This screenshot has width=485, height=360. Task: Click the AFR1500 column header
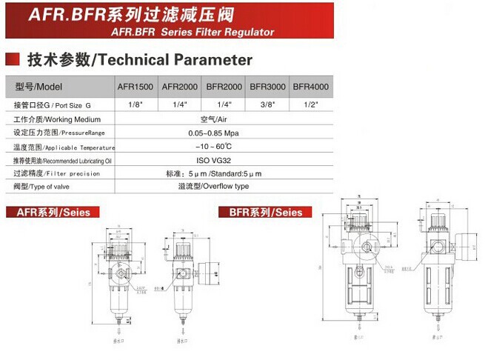(135, 87)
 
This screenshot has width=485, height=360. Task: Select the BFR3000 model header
(267, 87)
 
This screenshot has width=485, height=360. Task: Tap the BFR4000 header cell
(311, 87)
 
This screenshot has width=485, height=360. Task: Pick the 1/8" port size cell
(135, 105)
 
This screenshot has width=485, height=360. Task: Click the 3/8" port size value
(267, 105)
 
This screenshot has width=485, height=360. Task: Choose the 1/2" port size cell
(311, 105)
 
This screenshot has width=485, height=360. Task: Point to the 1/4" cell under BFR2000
(223, 105)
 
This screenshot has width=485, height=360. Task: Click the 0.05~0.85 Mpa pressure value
(223, 133)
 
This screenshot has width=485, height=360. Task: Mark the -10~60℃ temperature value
(223, 147)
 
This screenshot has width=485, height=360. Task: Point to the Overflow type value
(223, 187)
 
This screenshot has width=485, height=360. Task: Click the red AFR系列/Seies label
(49, 213)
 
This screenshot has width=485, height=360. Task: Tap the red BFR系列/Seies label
(261, 213)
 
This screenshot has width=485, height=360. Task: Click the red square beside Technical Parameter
(12, 59)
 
